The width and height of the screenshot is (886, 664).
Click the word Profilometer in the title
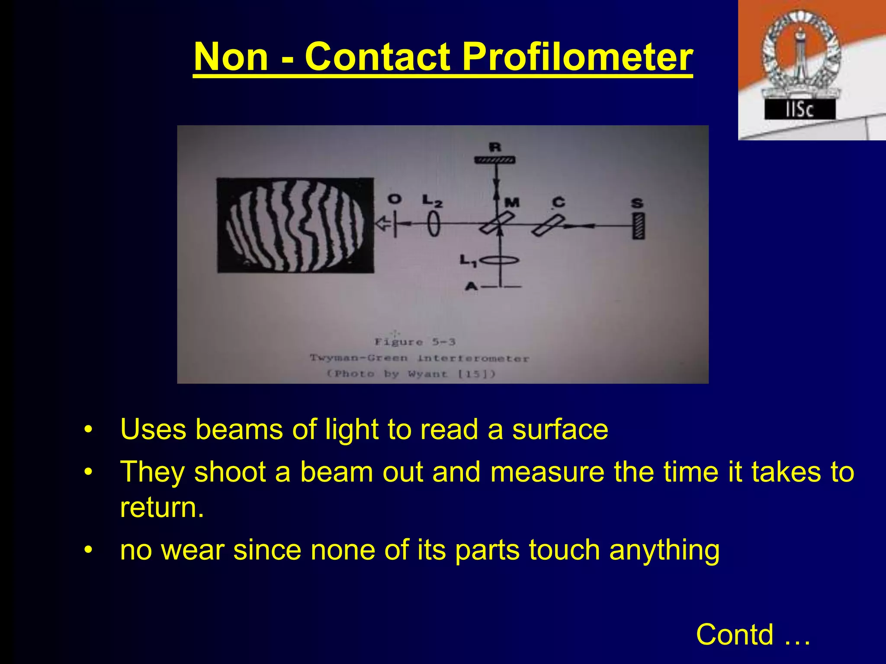click(x=577, y=57)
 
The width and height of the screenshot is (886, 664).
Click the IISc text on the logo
click(x=799, y=110)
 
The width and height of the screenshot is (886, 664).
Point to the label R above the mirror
click(x=495, y=147)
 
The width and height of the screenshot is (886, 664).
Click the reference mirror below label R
click(x=495, y=160)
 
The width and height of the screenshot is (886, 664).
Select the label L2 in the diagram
click(x=432, y=201)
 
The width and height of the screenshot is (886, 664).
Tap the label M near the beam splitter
click(x=512, y=202)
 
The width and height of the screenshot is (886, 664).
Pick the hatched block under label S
click(x=638, y=226)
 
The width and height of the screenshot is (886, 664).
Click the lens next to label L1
click(x=500, y=260)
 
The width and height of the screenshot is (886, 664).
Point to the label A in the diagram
click(x=471, y=286)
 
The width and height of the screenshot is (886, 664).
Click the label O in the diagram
click(x=394, y=199)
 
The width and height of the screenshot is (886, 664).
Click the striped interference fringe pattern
click(x=295, y=226)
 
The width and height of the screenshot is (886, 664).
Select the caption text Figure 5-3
click(x=415, y=342)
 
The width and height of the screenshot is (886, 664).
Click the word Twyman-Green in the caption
click(x=359, y=358)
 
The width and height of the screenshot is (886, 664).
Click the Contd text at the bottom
click(x=735, y=635)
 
